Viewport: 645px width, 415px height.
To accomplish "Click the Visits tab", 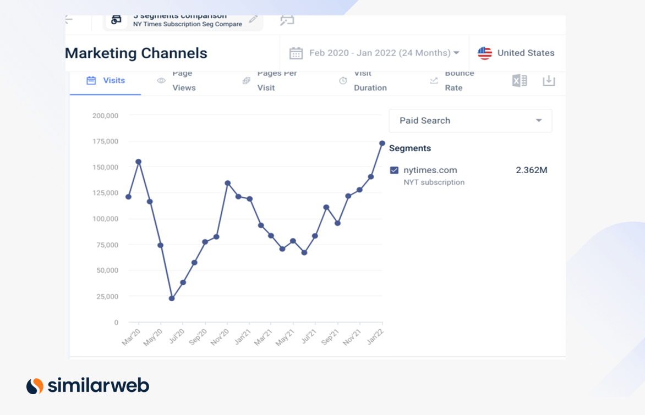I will click(106, 81).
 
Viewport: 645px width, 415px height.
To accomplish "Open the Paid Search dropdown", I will click(470, 121).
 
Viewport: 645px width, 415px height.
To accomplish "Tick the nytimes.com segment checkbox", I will click(394, 170).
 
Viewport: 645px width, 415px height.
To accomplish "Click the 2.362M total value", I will click(531, 170).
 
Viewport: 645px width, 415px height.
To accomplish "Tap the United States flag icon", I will click(485, 53).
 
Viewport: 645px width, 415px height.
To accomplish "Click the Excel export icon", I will click(520, 81).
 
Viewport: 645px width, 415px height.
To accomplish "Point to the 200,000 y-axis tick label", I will click(105, 116).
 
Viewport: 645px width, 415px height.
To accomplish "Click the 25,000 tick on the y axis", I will click(107, 297).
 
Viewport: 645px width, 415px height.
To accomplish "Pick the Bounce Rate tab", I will click(452, 81).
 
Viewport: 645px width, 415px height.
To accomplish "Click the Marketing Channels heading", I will click(136, 53).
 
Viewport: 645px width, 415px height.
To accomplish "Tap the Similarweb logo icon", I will click(35, 386).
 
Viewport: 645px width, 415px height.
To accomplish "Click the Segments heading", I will click(410, 148).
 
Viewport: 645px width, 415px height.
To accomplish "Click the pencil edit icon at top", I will click(253, 20).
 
